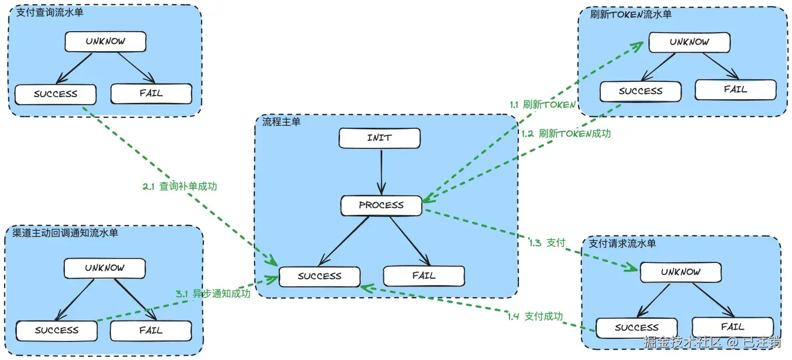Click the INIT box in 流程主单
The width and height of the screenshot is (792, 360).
point(380,138)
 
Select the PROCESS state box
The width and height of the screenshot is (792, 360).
point(381,205)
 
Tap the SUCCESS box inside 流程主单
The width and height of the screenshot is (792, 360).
point(319,276)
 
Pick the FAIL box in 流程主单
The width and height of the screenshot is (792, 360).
point(424,276)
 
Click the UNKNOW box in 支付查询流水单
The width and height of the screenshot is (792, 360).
point(106,41)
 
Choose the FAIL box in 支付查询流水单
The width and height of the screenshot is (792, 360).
point(152,93)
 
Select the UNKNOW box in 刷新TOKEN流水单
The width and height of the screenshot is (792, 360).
point(690,42)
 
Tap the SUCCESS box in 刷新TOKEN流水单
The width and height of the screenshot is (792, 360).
point(640,91)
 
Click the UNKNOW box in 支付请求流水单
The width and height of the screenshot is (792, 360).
point(681,272)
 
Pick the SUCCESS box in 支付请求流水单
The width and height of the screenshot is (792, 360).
point(637,328)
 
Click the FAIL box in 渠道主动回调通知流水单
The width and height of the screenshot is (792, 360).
point(151,330)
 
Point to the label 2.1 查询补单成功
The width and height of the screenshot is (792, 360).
point(180,186)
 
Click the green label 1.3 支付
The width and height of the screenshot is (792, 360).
point(548,243)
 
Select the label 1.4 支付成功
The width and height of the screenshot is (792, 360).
point(535,316)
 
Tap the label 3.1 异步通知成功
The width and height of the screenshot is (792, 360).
point(213,293)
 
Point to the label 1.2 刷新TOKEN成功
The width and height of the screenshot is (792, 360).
point(566,134)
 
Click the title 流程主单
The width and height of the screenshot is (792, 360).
point(281,122)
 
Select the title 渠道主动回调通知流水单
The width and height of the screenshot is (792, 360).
point(65,233)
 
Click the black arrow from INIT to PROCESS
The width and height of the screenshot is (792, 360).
point(381,172)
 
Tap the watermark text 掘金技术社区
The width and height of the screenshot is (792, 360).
point(682,342)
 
